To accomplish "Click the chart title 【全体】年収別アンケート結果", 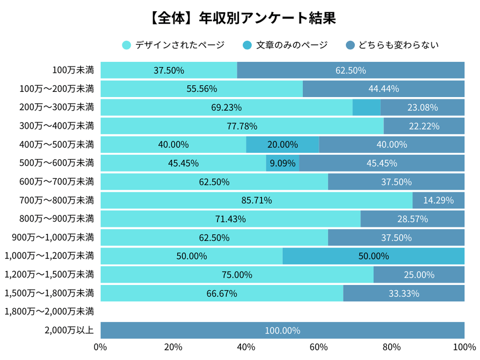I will click(x=240, y=18).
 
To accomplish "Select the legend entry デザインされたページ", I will click(x=174, y=45).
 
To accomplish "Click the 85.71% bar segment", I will click(x=256, y=200).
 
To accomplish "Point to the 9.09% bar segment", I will click(x=282, y=163).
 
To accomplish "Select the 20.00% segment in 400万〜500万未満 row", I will click(x=282, y=145).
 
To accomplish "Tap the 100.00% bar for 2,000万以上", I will click(x=282, y=330).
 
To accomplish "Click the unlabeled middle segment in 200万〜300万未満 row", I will click(x=366, y=108).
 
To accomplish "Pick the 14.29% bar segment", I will click(x=438, y=200).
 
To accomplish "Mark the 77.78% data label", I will click(x=242, y=126).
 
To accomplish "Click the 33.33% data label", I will click(x=403, y=294).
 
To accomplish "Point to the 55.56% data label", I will click(x=202, y=89).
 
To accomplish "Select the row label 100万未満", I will click(x=73, y=70).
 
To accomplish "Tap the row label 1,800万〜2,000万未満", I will click(x=49, y=312).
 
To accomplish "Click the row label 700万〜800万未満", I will click(x=56, y=200).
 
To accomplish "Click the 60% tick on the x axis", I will click(x=319, y=348).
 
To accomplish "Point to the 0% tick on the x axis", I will click(x=101, y=348).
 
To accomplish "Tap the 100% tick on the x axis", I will click(x=464, y=348).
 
